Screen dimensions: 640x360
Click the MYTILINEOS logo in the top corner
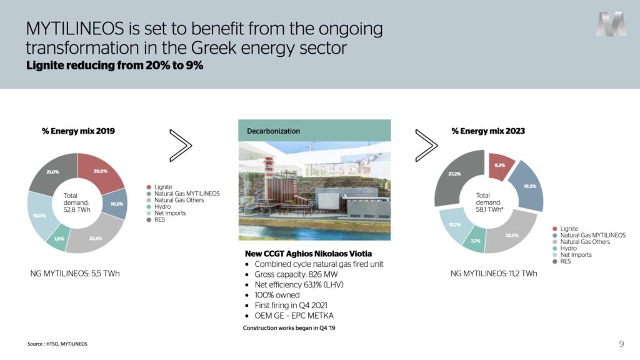click(611, 24)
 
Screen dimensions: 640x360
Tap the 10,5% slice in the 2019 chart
click(116, 204)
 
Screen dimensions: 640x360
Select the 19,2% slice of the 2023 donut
click(528, 186)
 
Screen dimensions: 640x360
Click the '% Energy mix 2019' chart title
click(78, 131)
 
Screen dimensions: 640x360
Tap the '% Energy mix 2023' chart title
click(488, 131)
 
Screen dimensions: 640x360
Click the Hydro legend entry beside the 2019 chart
click(159, 206)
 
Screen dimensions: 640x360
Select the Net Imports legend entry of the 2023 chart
click(572, 255)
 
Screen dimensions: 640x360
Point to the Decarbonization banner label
click(274, 131)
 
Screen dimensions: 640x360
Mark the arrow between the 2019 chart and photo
click(181, 145)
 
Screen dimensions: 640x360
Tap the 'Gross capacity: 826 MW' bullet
click(296, 274)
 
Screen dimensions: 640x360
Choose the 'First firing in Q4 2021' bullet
click(291, 305)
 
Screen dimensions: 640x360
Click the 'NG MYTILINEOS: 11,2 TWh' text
click(494, 274)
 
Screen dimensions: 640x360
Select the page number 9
click(622, 344)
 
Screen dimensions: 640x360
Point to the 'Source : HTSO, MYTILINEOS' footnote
click(57, 344)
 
